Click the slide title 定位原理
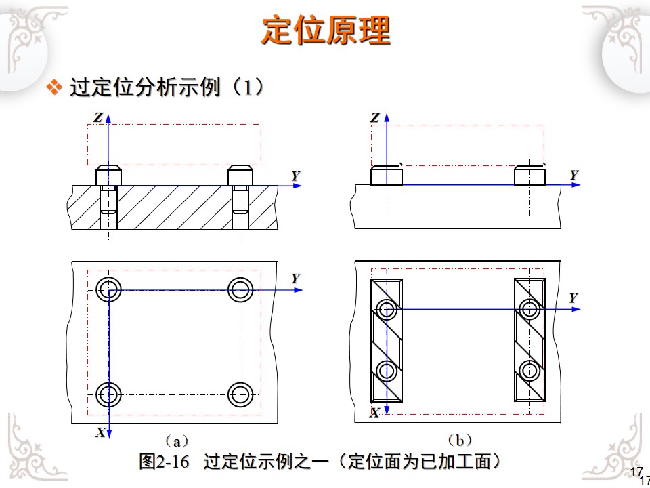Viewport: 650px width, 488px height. point(326,30)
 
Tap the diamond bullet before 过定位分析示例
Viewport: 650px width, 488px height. point(53,88)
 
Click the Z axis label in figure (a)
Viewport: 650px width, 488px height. point(98,118)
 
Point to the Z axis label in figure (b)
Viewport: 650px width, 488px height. point(375,118)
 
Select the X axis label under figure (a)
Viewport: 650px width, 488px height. point(100,432)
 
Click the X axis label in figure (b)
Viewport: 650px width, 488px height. point(374,413)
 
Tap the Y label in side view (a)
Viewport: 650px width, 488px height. point(296,176)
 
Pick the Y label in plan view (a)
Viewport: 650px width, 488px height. point(296,279)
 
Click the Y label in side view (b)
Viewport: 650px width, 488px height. point(574,175)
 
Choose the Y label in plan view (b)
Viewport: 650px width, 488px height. point(573,298)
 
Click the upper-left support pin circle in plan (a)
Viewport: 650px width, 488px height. point(108,289)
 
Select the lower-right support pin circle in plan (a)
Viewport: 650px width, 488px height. point(240,393)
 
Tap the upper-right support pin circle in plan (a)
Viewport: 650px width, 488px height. point(240,289)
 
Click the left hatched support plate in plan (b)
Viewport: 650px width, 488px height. point(386,340)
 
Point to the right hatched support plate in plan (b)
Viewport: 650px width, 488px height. point(529,340)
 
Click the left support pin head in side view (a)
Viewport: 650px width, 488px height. point(108,175)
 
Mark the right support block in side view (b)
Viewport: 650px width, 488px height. point(529,176)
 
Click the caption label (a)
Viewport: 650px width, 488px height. point(176,442)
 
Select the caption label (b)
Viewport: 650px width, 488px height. point(460,441)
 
